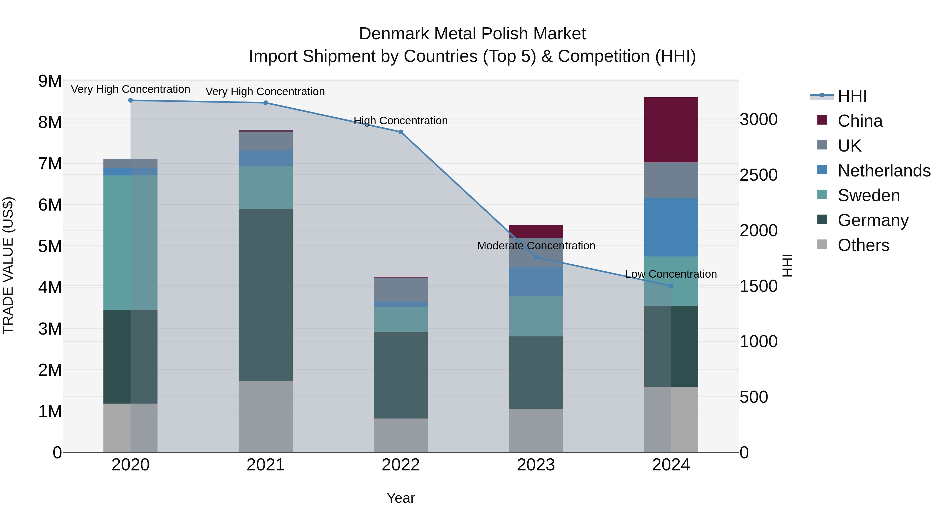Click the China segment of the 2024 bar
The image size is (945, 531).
point(671,130)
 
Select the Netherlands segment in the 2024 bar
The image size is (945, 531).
point(671,227)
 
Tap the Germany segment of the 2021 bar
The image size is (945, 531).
point(266,295)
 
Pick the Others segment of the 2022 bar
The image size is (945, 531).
point(401,435)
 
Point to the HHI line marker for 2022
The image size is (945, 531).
point(401,132)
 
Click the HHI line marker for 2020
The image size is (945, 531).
point(131,100)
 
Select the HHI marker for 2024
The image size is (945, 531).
point(671,286)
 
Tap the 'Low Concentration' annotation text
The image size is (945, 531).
point(671,274)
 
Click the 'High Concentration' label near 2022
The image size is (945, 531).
point(401,121)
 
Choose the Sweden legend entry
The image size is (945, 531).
point(868,195)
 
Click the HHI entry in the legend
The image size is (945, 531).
point(852,96)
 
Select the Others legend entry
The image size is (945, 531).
point(863,245)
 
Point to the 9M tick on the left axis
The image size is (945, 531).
point(50,81)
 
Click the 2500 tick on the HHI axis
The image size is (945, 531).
point(758,175)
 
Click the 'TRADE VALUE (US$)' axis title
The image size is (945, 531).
point(8,265)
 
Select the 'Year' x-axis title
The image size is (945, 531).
point(401,498)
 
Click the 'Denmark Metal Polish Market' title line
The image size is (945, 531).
point(472,34)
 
